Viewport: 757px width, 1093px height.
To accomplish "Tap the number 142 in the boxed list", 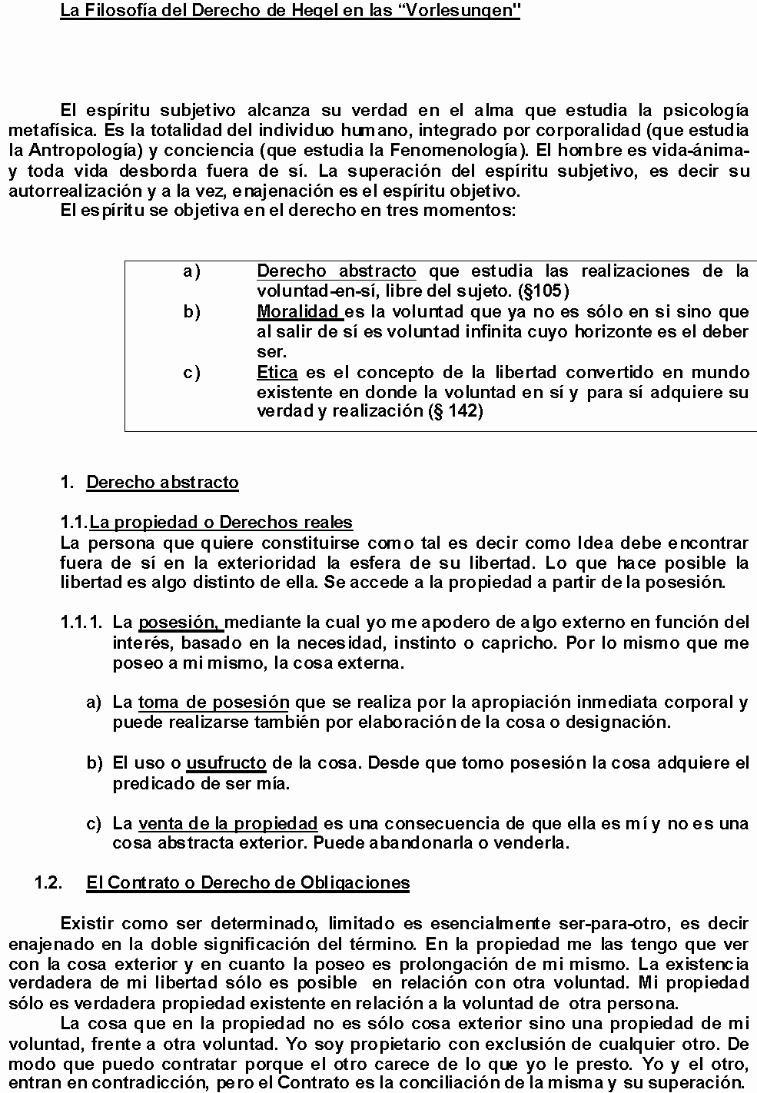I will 462,411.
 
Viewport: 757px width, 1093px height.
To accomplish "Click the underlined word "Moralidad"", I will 298,312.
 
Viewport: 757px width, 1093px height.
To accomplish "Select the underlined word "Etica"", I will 277,372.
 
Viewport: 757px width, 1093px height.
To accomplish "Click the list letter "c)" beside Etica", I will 191,372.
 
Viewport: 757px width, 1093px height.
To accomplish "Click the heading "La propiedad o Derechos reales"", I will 221,523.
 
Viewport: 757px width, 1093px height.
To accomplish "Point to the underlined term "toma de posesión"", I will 214,703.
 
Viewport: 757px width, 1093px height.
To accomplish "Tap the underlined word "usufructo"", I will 226,763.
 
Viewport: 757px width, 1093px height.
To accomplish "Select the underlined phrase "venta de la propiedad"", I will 227,824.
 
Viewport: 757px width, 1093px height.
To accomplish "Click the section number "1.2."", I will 48,883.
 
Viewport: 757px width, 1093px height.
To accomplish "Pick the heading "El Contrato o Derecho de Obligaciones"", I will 247,883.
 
